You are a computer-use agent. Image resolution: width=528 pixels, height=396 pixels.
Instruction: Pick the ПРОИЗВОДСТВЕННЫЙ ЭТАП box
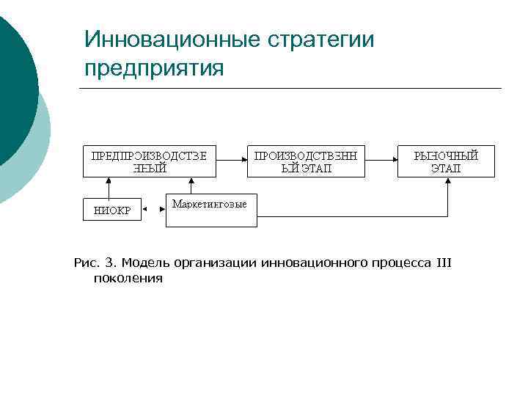(x=306, y=161)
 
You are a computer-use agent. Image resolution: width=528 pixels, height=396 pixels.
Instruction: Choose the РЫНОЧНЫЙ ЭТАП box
(x=446, y=161)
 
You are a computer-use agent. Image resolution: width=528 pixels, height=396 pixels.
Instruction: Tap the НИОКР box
(x=112, y=210)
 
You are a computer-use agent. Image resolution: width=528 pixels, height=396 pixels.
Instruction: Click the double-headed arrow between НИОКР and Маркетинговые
(x=153, y=210)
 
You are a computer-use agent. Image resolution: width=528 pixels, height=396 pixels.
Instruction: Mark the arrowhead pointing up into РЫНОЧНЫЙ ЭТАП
(x=447, y=183)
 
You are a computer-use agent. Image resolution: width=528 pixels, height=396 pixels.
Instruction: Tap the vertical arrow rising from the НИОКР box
(x=108, y=188)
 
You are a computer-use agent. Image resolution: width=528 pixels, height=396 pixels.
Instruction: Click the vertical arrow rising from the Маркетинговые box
(x=191, y=186)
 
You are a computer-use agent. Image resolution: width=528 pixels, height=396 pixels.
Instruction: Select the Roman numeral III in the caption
(x=444, y=263)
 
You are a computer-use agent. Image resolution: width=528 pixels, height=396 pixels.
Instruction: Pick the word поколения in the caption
(x=128, y=279)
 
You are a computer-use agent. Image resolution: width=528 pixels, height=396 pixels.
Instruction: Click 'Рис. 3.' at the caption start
(x=95, y=263)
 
